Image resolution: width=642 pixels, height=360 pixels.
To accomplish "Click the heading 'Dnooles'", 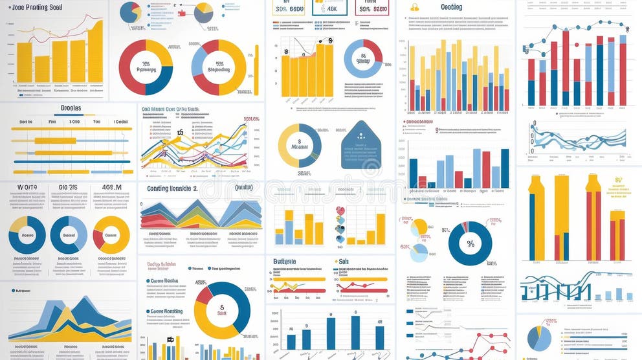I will tap(71, 108).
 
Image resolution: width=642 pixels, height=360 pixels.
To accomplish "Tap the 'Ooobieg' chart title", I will tap(451, 7).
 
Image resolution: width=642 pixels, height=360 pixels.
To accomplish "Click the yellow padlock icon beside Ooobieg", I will tap(415, 7).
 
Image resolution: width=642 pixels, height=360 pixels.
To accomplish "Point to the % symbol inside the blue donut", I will tap(470, 244).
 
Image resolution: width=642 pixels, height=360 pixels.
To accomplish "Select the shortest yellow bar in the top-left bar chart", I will tap(43, 68).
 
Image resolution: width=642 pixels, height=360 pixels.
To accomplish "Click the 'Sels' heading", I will tap(344, 262).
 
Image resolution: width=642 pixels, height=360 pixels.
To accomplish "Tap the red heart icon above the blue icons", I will tap(340, 210).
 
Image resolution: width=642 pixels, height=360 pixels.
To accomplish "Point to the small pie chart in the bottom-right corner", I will tap(538, 339).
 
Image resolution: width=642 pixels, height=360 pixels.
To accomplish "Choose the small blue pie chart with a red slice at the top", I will tap(131, 12).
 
